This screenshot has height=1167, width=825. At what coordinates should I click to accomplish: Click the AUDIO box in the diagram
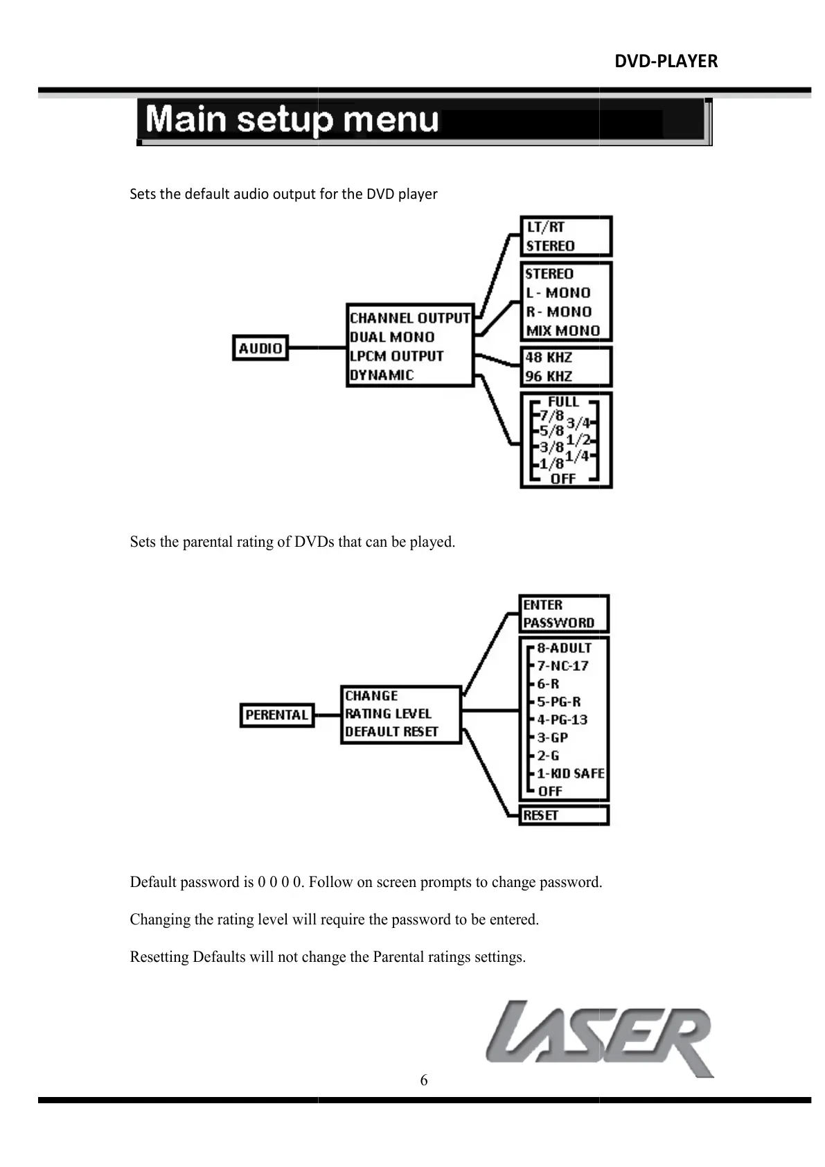pyautogui.click(x=260, y=348)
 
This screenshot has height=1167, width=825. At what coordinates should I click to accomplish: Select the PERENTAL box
pyautogui.click(x=277, y=714)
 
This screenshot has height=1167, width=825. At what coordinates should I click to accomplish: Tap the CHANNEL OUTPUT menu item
pyautogui.click(x=409, y=318)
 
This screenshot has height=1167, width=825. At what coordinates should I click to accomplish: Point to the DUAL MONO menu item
pyautogui.click(x=392, y=337)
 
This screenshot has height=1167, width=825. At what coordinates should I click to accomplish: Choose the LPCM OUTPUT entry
pyautogui.click(x=396, y=356)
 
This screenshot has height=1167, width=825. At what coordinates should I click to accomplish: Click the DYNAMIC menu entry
pyautogui.click(x=382, y=375)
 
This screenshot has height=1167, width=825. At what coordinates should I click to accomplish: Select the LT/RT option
pyautogui.click(x=546, y=227)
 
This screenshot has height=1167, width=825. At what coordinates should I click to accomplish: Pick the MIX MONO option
pyautogui.click(x=562, y=331)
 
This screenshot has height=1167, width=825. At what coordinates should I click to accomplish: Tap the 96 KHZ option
pyautogui.click(x=549, y=376)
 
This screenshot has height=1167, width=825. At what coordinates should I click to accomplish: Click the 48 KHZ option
pyautogui.click(x=549, y=358)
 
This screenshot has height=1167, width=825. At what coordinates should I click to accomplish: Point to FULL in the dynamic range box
pyautogui.click(x=563, y=402)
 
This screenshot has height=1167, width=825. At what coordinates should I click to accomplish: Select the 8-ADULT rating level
pyautogui.click(x=564, y=648)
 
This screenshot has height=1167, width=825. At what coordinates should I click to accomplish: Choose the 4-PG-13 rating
pyautogui.click(x=562, y=719)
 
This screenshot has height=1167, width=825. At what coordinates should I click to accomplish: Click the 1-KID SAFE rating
pyautogui.click(x=570, y=773)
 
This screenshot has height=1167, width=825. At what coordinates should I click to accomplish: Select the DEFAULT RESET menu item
pyautogui.click(x=391, y=732)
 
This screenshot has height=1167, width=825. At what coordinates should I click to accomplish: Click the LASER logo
pyautogui.click(x=600, y=1038)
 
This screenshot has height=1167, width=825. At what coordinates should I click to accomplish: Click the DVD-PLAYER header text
pyautogui.click(x=666, y=62)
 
